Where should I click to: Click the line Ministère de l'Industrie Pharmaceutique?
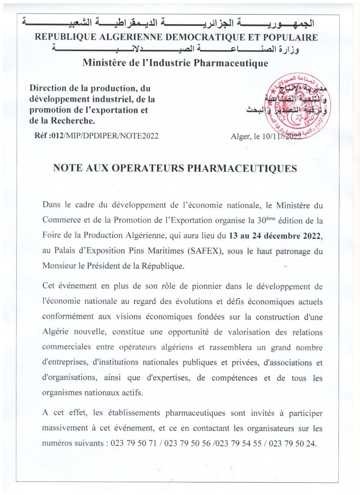click(x=175, y=63)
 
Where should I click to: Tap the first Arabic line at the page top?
click(x=168, y=23)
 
